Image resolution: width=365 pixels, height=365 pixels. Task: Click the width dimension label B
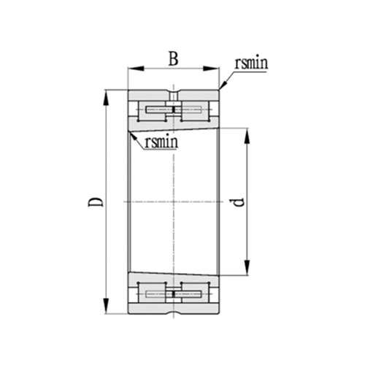pos(173,59)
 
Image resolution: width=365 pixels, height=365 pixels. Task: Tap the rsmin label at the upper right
pos(250,64)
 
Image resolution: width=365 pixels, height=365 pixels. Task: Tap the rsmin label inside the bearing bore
pos(161,142)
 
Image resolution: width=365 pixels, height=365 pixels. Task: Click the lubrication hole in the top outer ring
pos(174,95)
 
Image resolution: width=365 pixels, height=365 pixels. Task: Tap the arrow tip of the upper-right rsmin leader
pos(220,90)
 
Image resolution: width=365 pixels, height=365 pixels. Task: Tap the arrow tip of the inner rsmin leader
pos(130,131)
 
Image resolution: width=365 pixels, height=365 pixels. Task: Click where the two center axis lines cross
pos(174,201)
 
